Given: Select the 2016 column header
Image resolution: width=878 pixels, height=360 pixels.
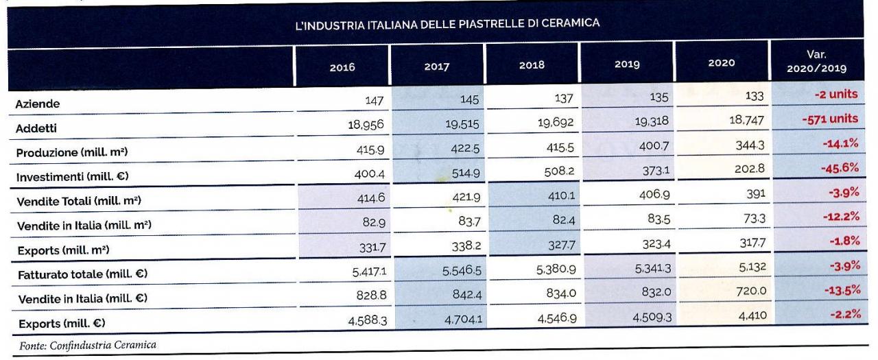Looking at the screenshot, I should click(x=342, y=67).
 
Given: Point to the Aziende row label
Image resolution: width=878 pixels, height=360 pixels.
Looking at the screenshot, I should click(x=38, y=104).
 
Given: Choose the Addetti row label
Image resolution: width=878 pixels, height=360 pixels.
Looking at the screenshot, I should click(x=36, y=128).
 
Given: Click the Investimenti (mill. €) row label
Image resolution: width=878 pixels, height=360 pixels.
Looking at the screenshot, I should click(x=73, y=176).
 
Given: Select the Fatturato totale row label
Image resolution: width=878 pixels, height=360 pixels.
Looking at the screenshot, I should click(x=82, y=274).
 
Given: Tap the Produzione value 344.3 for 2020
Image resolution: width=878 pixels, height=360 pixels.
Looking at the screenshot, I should click(x=745, y=145).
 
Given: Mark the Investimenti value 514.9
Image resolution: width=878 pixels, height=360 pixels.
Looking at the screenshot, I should click(x=464, y=173).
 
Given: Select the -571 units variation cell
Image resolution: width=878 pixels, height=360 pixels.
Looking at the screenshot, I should click(x=830, y=119).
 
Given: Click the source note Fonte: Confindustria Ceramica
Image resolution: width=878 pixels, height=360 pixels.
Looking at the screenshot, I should click(x=88, y=346).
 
